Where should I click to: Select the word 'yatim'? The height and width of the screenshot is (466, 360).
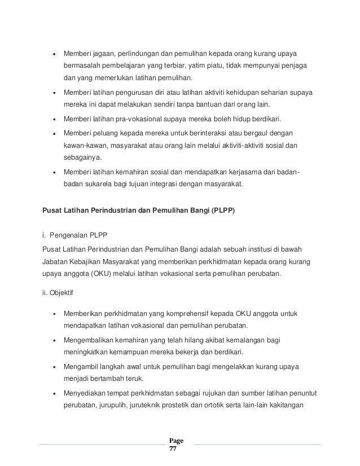coord(207,66)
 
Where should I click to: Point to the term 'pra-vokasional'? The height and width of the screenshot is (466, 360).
coord(135,120)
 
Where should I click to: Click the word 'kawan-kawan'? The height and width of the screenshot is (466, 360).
coord(84,147)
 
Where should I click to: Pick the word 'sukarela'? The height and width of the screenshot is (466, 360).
coord(99,185)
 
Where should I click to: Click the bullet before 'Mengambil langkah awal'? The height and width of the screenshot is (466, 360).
coord(55,367)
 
